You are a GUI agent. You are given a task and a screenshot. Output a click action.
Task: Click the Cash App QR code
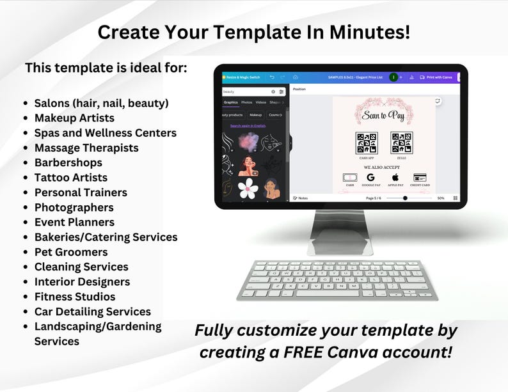pos(367,143)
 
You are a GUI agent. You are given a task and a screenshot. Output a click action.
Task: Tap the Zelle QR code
pos(402,143)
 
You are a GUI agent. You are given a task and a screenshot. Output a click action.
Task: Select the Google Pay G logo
pos(370,177)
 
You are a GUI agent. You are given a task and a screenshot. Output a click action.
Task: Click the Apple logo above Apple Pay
pos(395,177)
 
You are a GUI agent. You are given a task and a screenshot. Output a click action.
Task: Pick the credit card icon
pos(420,177)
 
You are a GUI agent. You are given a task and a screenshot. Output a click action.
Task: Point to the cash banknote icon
pos(349,177)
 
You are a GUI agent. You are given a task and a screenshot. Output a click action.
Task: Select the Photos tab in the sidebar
pos(246,102)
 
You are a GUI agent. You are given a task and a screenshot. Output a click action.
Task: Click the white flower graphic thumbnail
pos(247,187)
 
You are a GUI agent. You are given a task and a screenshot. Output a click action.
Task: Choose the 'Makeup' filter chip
pos(255,115)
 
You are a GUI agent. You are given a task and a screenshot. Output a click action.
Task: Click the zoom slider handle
pos(405,198)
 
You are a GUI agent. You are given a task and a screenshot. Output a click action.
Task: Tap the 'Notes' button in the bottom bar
pos(301,198)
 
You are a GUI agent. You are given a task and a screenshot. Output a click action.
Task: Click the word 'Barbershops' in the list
pos(68,162)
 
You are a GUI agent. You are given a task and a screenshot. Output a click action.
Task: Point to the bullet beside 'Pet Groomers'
pos(25,253)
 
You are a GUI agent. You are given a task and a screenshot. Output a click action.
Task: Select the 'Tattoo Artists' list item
pos(70,177)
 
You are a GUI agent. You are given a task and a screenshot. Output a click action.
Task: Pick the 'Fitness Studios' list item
pos(75,297)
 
